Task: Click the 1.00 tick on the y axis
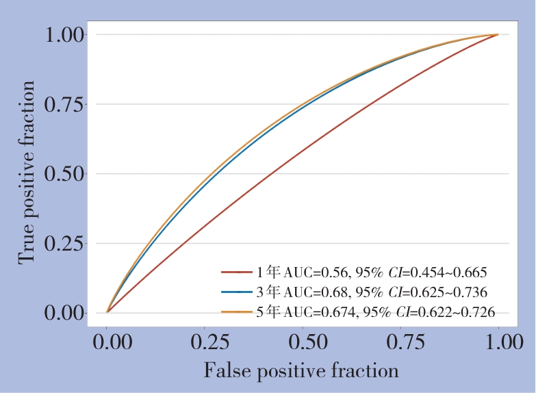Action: [x=66, y=34]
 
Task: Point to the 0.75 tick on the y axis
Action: [x=66, y=104]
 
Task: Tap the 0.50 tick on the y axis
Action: [x=66, y=174]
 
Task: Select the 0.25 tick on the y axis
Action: [x=66, y=243]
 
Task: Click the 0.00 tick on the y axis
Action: [x=66, y=313]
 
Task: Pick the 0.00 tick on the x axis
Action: [x=107, y=342]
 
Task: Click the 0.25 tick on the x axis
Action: [x=205, y=342]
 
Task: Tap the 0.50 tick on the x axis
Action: [x=303, y=342]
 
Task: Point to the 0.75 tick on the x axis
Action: [x=401, y=342]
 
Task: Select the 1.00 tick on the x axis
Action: [x=498, y=342]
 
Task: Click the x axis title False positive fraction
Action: [x=301, y=370]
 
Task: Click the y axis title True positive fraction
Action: [x=27, y=173]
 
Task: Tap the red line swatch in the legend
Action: [x=237, y=272]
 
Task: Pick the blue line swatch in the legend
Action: [x=237, y=292]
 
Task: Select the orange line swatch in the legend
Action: [x=237, y=312]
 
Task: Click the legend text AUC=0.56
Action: [x=315, y=272]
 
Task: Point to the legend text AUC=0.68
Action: [x=315, y=292]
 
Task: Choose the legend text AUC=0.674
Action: [x=320, y=312]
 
